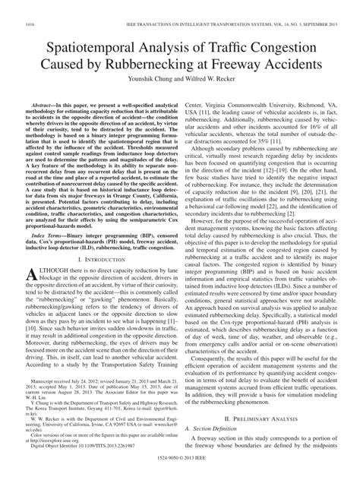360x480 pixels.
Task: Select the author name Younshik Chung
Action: click(x=147, y=84)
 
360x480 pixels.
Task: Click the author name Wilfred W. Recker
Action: click(x=216, y=84)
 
